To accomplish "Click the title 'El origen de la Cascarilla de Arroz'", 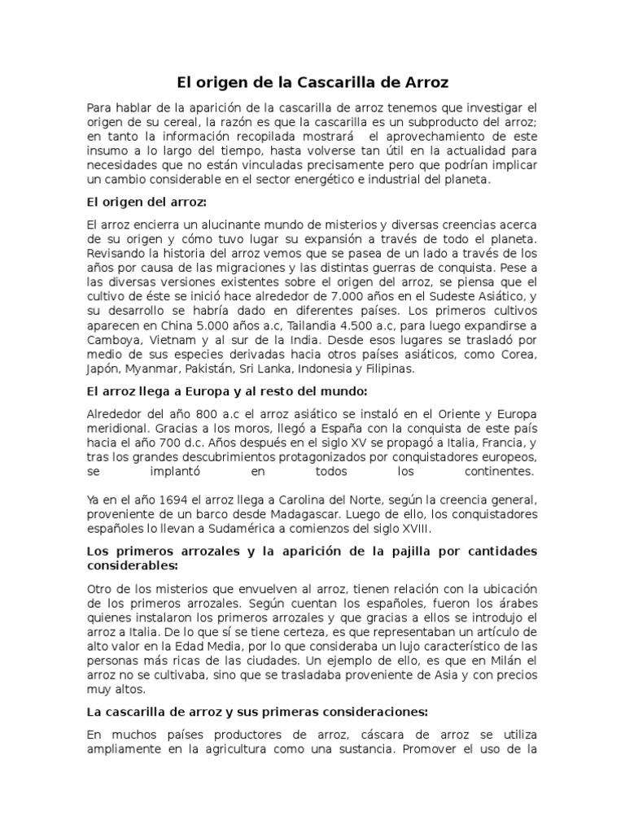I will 312,83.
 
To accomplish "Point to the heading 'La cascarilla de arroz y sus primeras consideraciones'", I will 258,711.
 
